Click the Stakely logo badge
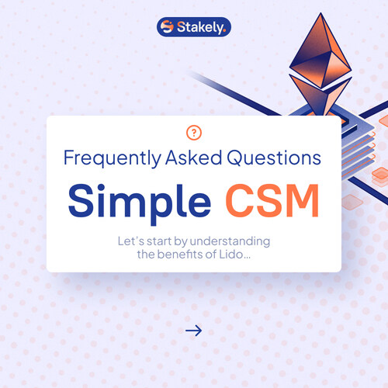194,27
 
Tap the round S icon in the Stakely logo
167,26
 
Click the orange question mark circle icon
194,133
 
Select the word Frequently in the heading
113,158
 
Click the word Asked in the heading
193,158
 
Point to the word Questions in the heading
274,158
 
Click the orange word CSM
272,200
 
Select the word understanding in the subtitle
230,241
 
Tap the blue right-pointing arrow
193,331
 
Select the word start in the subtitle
159,241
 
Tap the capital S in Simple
81,200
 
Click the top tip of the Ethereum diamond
321,12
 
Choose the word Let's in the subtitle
131,241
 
